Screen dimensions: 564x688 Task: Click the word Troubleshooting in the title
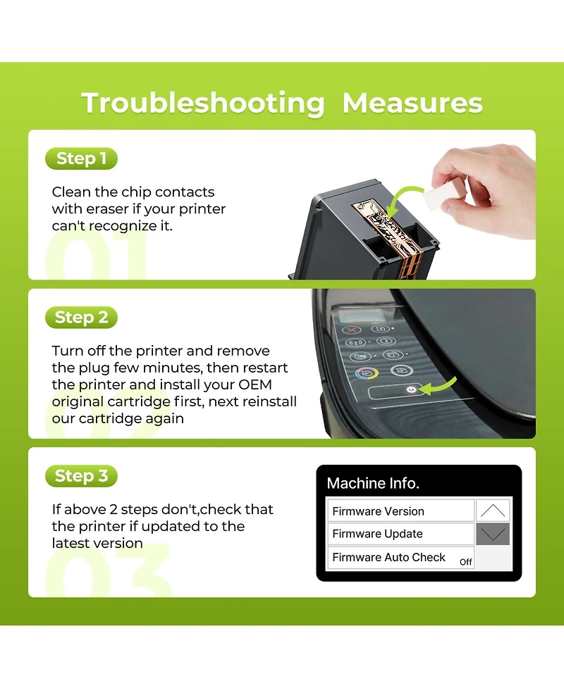(203, 104)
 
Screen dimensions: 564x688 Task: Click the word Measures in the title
(412, 103)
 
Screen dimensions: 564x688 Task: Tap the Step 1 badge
(81, 158)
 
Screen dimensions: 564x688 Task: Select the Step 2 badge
(81, 317)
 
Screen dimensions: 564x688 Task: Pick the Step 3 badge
(81, 476)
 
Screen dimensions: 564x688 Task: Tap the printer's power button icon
(411, 389)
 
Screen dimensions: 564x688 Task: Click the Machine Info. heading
(373, 483)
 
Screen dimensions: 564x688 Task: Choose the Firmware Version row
(400, 511)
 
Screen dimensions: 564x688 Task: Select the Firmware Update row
(400, 534)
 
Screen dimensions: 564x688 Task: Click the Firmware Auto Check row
(400, 558)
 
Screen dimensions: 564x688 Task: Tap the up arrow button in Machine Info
(493, 511)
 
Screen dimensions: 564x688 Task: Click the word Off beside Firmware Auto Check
(465, 562)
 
